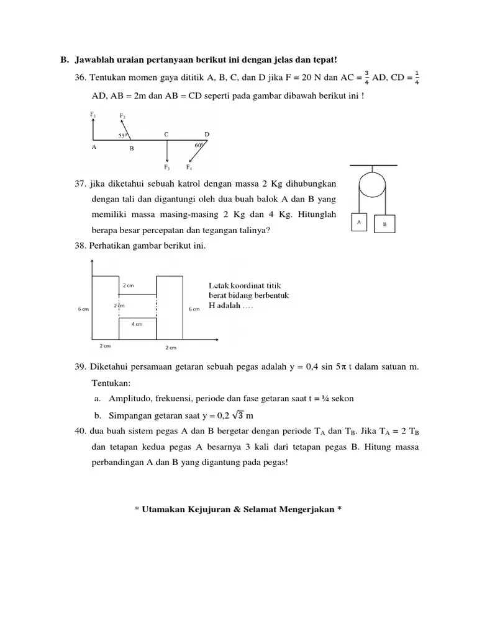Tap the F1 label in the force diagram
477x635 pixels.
click(93, 114)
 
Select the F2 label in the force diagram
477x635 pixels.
click(122, 116)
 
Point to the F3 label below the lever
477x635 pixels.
click(166, 167)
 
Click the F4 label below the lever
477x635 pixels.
click(189, 167)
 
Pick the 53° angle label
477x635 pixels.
click(123, 135)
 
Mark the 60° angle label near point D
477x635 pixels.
click(199, 145)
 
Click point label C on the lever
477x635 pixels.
click(166, 134)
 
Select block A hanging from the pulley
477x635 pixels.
click(360, 221)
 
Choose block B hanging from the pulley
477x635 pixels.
click(384, 223)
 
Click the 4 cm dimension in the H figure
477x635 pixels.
click(137, 324)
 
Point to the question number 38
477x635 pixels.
click(81, 246)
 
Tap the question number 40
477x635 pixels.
click(81, 431)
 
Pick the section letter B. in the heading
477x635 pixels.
click(64, 60)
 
